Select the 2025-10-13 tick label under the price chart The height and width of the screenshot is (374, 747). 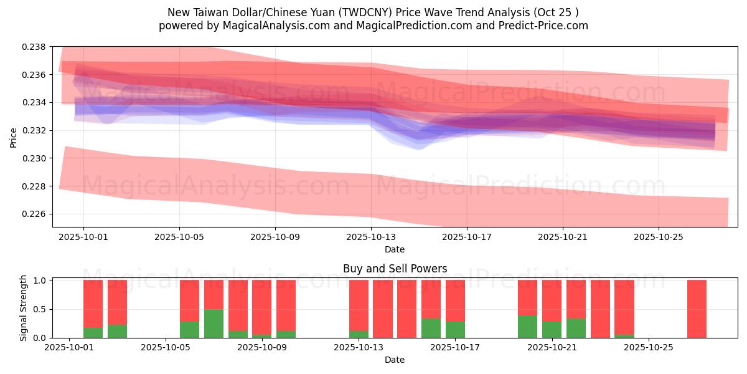click(371, 237)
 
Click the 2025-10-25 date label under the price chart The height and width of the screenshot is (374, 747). click(659, 237)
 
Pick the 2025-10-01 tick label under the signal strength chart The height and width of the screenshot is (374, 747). click(69, 348)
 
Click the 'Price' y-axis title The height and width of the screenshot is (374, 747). click(14, 137)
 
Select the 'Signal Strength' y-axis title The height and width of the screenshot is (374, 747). click(24, 308)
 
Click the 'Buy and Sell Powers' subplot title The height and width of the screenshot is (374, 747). click(395, 269)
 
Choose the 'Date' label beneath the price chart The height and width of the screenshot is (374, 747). click(395, 249)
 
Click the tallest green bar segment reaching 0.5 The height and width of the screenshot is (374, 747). click(214, 324)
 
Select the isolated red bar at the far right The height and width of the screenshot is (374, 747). click(697, 309)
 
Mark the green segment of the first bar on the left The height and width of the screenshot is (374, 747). click(93, 333)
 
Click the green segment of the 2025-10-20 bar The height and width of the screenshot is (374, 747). click(527, 327)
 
